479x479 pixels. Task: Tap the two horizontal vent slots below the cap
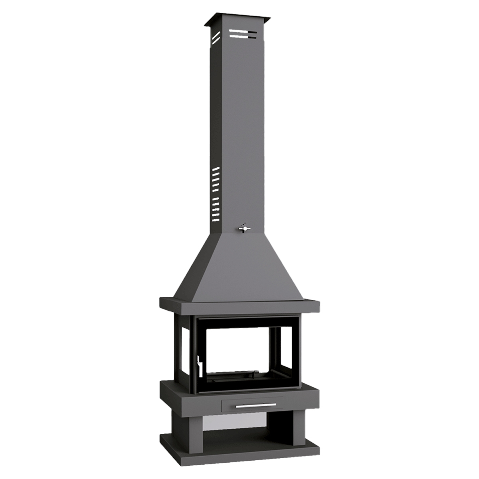243,34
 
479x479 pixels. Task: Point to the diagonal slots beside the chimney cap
216,37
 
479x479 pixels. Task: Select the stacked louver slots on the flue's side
216,194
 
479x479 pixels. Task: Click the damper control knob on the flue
243,228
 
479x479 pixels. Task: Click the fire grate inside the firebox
239,377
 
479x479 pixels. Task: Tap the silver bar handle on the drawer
255,405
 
